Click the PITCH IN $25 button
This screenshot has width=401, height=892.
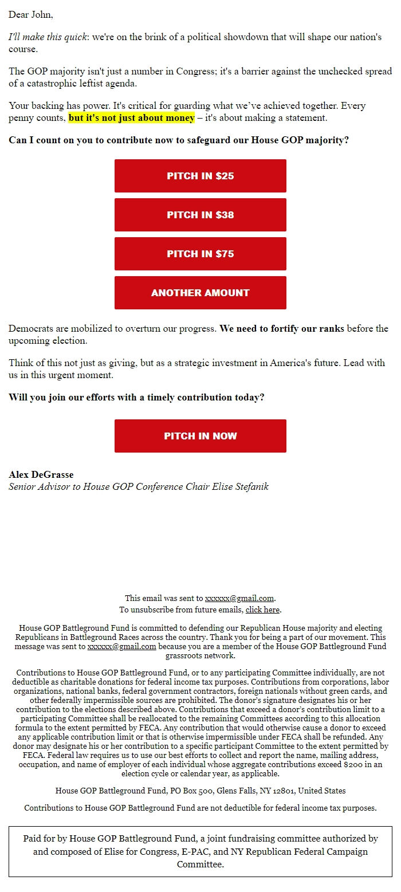[200, 176]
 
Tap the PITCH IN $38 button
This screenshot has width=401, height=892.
[200, 215]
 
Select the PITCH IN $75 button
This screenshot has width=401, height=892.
[200, 254]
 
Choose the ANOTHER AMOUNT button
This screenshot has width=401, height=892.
[200, 293]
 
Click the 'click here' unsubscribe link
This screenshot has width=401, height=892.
[262, 610]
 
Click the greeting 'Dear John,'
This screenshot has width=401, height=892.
[31, 14]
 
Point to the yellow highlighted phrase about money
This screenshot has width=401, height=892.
[132, 118]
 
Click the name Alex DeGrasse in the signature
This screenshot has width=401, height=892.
[41, 474]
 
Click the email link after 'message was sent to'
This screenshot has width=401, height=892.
[121, 646]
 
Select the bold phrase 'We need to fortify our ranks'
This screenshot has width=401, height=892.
[282, 329]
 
